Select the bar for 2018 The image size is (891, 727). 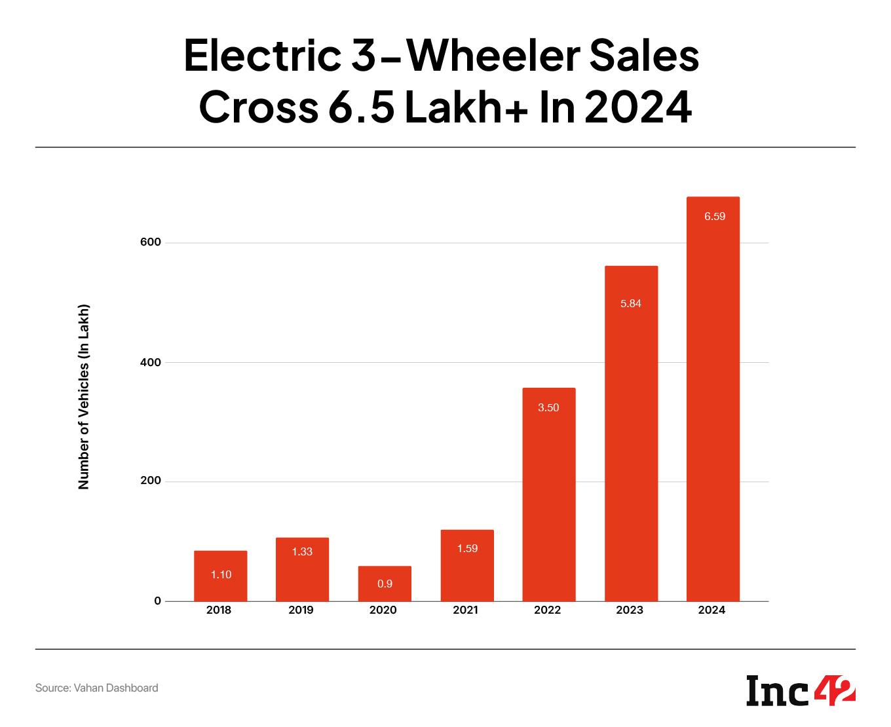tap(221, 576)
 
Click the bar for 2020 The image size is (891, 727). tap(385, 584)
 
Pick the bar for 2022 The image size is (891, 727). tap(549, 494)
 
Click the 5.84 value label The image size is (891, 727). tap(631, 303)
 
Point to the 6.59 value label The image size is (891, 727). tap(715, 216)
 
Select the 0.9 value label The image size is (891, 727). tap(385, 584)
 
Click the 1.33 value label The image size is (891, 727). tap(302, 551)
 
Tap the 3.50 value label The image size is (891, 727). tap(548, 407)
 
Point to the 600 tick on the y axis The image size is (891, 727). tap(149, 242)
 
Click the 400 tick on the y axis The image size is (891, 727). tap(149, 362)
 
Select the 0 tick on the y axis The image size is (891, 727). tap(157, 601)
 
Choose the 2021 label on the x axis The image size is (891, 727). tap(465, 610)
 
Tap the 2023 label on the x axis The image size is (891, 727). tap(630, 610)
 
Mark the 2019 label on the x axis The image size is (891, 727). tap(301, 610)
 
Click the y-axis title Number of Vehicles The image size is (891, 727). tap(83, 397)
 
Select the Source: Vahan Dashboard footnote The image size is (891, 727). tap(96, 688)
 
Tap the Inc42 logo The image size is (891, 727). tap(801, 691)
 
